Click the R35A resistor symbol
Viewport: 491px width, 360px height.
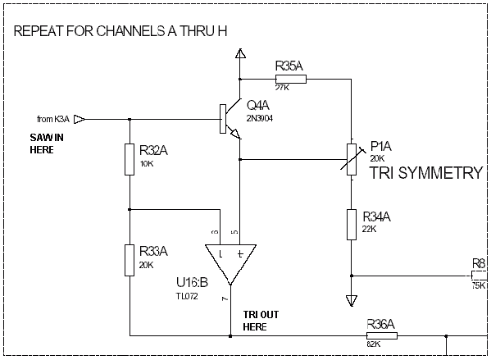click(291, 80)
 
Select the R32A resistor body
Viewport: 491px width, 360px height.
click(130, 159)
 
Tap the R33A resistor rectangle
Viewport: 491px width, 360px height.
click(130, 261)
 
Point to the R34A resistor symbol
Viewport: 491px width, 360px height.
click(352, 225)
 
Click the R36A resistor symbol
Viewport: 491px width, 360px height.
click(382, 336)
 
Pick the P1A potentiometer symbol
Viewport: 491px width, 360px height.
click(352, 159)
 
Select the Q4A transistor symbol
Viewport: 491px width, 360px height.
click(231, 119)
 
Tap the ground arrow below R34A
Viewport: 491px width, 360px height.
click(352, 300)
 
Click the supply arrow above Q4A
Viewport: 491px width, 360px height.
click(240, 53)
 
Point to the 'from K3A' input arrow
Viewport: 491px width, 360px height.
click(79, 120)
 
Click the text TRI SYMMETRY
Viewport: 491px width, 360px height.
click(426, 173)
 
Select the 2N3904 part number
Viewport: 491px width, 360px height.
click(260, 118)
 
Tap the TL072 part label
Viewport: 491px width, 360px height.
click(187, 296)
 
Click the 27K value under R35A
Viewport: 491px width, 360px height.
click(282, 88)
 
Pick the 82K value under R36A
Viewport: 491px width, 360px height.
click(374, 344)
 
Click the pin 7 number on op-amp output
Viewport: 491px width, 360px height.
click(225, 299)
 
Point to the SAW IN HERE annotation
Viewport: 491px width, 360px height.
click(47, 144)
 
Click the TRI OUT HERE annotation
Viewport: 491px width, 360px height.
click(261, 321)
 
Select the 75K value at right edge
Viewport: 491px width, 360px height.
click(479, 285)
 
